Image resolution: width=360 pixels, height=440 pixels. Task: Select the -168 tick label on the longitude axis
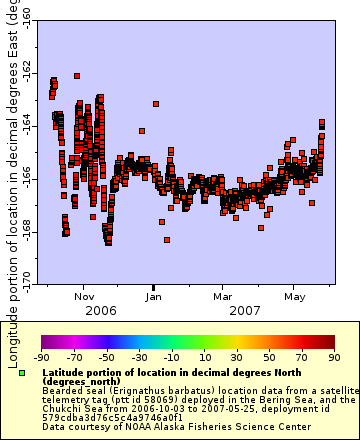[x=23, y=231]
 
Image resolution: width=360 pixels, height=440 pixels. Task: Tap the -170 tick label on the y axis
[x=23, y=277]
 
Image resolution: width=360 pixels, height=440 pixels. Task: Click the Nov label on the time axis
[x=84, y=297]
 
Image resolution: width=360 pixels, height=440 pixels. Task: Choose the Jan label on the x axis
[x=154, y=297]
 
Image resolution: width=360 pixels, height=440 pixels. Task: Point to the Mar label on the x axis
[x=223, y=297]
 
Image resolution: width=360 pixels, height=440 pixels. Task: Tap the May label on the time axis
[x=294, y=297]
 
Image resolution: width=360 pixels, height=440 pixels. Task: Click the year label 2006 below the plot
[x=100, y=311]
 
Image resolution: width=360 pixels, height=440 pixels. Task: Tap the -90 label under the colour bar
[x=41, y=356]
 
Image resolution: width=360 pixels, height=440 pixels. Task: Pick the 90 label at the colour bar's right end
[x=333, y=356]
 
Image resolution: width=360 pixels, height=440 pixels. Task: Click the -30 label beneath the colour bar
[x=138, y=356]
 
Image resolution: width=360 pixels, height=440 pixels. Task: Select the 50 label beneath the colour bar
[x=268, y=356]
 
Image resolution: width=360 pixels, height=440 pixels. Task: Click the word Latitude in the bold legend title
[x=65, y=372]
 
